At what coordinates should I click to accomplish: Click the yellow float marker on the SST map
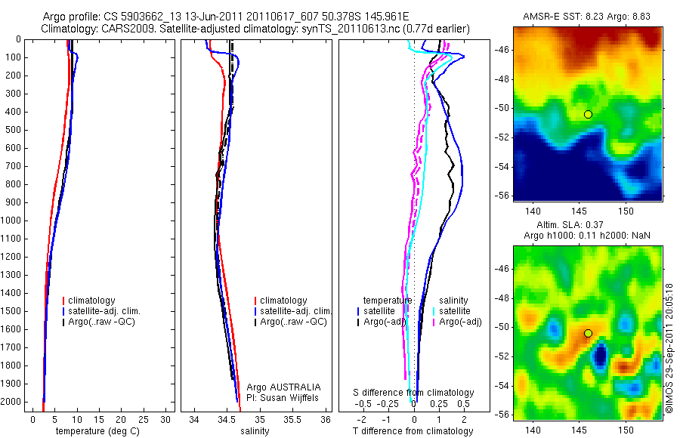pos(588,114)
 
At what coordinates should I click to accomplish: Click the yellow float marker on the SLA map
pos(588,333)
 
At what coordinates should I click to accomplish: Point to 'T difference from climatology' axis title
pos(413,431)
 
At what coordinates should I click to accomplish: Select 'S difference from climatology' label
pos(414,393)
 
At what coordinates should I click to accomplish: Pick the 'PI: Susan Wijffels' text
pos(283,397)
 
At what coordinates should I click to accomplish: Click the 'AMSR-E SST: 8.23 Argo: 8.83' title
pos(587,17)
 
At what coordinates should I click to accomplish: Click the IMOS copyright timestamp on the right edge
pos(669,347)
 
